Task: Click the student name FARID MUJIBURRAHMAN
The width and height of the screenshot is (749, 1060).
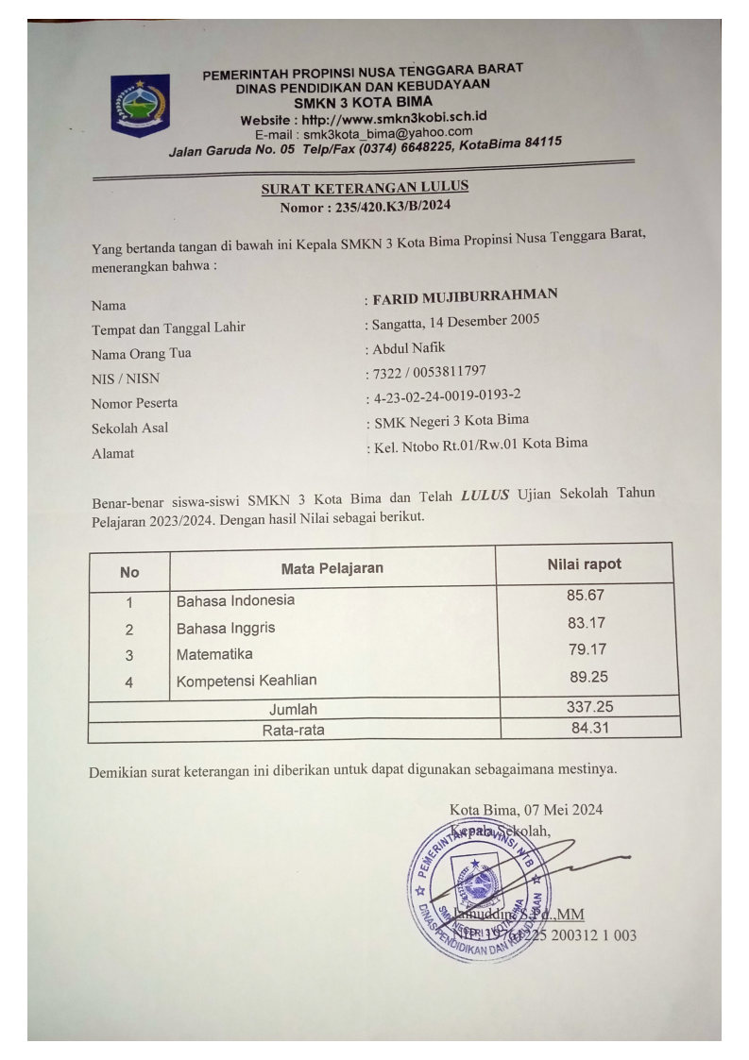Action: click(x=465, y=296)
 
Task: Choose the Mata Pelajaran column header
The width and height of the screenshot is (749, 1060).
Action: click(x=332, y=568)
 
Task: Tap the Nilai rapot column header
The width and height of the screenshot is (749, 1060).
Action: click(x=584, y=564)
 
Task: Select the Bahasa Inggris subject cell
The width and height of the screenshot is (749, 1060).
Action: click(x=226, y=628)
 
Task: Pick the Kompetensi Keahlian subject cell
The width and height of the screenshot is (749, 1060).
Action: click(x=247, y=680)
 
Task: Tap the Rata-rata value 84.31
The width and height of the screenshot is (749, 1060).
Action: click(x=587, y=727)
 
